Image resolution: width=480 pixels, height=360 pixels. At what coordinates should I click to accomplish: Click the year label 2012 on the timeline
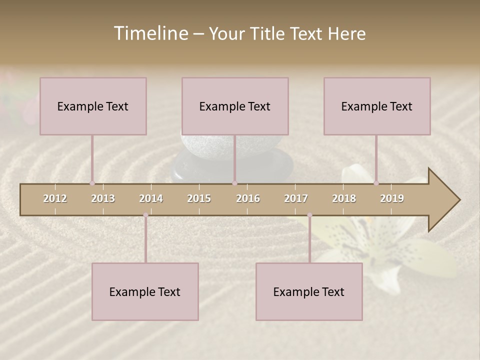click(x=55, y=198)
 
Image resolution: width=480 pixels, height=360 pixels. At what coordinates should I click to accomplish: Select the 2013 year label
click(x=103, y=198)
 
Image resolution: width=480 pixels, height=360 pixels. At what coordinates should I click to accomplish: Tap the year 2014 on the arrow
click(x=151, y=198)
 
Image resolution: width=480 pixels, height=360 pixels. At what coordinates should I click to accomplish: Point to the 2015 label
click(x=199, y=198)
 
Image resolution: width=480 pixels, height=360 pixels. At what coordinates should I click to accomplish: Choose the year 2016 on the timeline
click(x=248, y=198)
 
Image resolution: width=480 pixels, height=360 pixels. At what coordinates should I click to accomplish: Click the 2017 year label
click(x=296, y=198)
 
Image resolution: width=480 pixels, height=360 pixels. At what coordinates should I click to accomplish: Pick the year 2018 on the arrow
click(x=344, y=198)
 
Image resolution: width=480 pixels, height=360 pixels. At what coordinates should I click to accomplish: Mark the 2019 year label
click(x=392, y=198)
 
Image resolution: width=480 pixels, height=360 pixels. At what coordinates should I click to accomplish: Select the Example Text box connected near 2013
click(x=93, y=106)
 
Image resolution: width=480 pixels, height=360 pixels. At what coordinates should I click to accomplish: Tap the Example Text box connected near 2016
click(x=235, y=106)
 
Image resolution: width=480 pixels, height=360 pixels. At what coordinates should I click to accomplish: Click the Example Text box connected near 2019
click(x=377, y=106)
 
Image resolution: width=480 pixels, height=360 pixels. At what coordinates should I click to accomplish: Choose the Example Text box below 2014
click(x=145, y=291)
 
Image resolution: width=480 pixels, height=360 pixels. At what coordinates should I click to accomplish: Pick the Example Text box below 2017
click(x=309, y=291)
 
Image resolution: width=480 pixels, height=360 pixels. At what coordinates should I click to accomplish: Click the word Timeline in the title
click(x=150, y=33)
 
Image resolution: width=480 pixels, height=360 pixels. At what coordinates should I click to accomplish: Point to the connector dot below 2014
click(x=145, y=215)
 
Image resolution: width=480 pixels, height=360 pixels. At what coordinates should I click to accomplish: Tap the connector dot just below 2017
click(x=309, y=215)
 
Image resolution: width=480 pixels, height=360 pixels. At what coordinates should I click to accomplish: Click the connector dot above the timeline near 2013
click(x=92, y=183)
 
